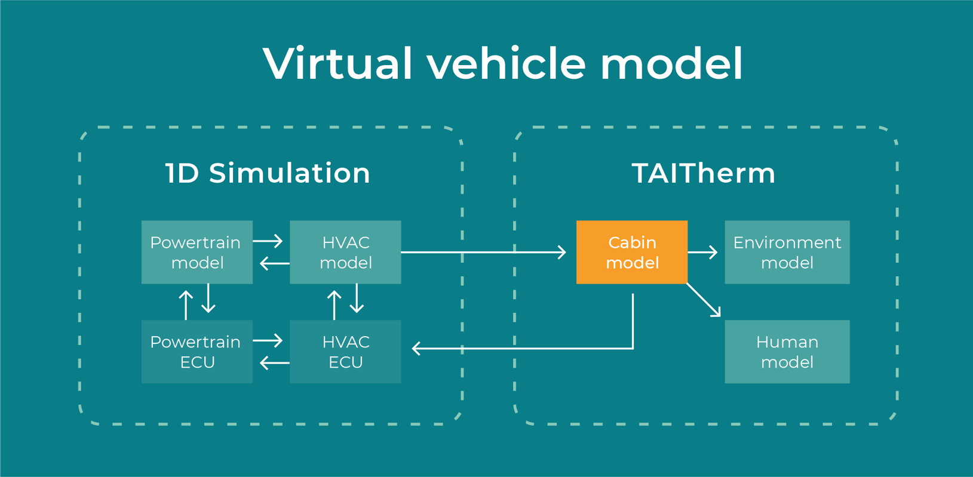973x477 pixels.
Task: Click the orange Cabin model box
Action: tap(631, 252)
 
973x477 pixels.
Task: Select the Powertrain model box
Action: tap(197, 252)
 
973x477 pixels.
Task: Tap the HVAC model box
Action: tap(345, 252)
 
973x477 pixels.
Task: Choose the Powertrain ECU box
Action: tap(197, 352)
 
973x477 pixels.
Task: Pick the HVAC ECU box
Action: tap(345, 352)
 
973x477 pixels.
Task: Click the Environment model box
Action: tap(787, 252)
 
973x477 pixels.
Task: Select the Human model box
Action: tap(787, 352)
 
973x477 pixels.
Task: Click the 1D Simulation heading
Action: tap(268, 173)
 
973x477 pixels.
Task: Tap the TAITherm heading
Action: tap(704, 173)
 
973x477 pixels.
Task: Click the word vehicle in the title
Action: tap(506, 63)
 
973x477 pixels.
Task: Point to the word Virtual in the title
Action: tap(337, 63)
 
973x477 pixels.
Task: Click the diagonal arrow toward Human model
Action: tap(704, 300)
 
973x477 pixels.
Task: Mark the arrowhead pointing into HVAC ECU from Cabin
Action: tap(416, 348)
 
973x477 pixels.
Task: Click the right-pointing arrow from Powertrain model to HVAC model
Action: tap(268, 241)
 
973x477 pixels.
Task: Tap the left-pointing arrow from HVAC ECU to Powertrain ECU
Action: tap(275, 362)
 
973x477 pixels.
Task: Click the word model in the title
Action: tap(671, 63)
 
